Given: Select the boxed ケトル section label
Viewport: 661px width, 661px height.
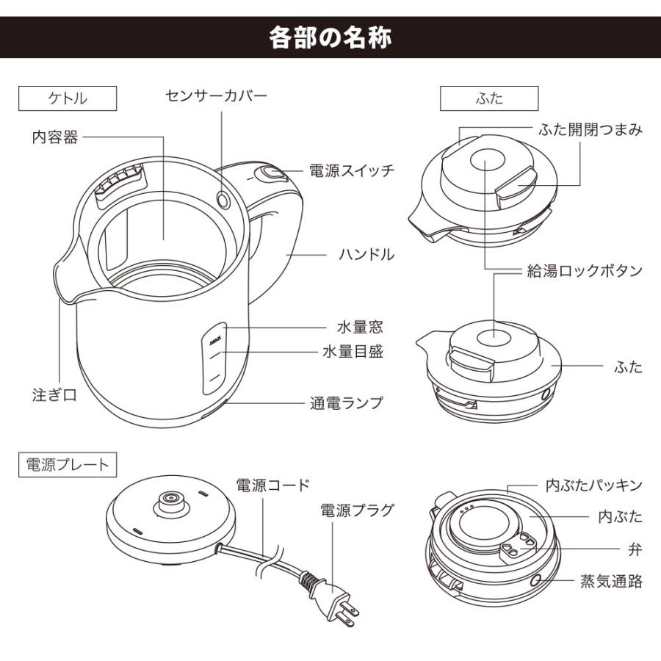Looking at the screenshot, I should pos(67,98).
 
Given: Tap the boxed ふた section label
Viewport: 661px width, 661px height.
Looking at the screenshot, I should pos(488,98).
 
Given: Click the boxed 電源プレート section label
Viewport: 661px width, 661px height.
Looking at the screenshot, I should pos(67,464).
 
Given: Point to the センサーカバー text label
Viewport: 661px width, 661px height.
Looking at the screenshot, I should pos(216,95).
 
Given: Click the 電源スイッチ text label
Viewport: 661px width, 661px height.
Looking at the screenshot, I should pos(351,170).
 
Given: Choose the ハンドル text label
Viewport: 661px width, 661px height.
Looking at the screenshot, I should pos(366,254).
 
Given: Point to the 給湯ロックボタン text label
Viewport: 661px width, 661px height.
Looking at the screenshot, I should pos(585,270).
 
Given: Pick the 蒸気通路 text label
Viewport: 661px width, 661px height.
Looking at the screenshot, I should pos(611,582).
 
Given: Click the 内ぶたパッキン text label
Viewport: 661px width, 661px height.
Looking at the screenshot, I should pos(594,485).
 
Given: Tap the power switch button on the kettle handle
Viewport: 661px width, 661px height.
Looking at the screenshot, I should pos(271,174).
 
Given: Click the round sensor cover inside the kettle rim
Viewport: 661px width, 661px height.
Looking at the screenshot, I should pos(224,198).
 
